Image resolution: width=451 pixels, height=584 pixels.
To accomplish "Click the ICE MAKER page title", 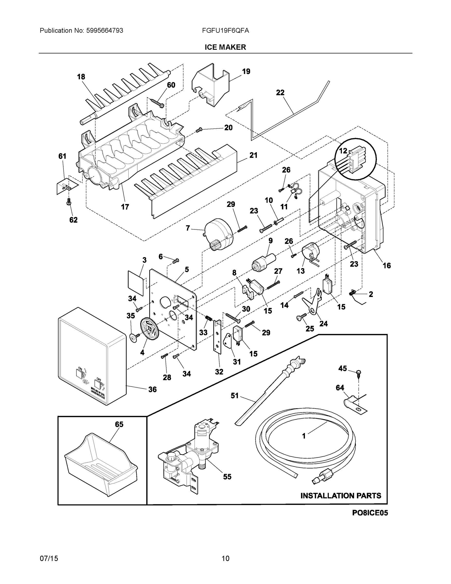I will tap(225, 47).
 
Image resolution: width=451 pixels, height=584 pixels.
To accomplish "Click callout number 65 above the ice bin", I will tap(119, 424).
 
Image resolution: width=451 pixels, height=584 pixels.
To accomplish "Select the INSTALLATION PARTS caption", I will tap(341, 495).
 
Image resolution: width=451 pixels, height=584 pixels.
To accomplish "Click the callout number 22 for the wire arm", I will tap(280, 93).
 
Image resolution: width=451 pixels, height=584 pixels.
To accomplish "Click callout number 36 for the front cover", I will tap(152, 389).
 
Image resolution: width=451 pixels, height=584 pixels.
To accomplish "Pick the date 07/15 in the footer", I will tap(49, 558).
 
